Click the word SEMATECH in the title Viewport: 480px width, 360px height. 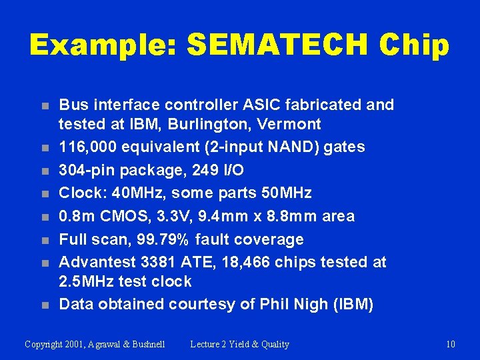click(x=277, y=45)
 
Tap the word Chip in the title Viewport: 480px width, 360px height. click(x=413, y=45)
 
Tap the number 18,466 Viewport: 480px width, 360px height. click(x=242, y=262)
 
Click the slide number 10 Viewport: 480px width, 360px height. click(x=451, y=344)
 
